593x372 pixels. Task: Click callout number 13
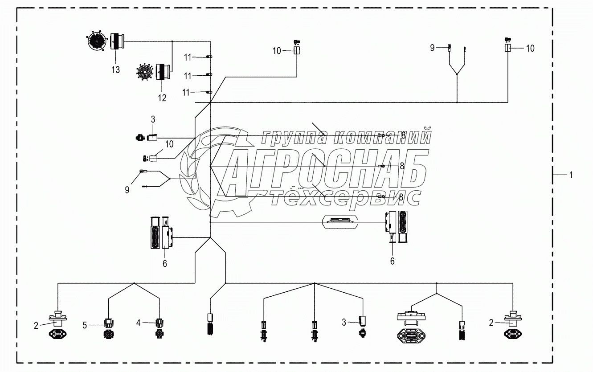(x=115, y=70)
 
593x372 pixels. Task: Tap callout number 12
(x=162, y=98)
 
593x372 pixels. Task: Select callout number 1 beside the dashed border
(x=571, y=175)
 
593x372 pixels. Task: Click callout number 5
(x=85, y=325)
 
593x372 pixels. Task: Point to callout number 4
(x=138, y=323)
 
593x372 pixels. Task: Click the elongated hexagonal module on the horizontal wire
(x=340, y=222)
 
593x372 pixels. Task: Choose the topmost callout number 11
(x=188, y=57)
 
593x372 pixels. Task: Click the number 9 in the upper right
(x=432, y=48)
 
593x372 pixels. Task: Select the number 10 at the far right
(x=530, y=49)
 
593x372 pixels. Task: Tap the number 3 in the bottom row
(x=344, y=323)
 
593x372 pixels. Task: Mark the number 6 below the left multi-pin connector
(x=165, y=264)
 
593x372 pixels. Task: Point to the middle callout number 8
(x=402, y=166)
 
